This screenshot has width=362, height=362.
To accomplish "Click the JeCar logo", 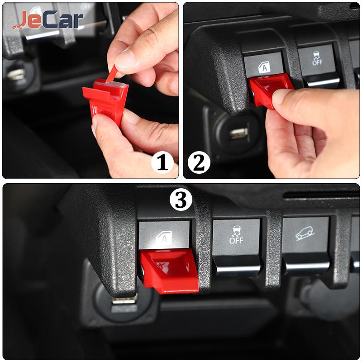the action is [x=48, y=20].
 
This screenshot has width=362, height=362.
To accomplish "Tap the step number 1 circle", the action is [x=162, y=162].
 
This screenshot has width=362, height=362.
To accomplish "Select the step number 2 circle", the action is [x=199, y=162].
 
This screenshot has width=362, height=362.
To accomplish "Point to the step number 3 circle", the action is [x=181, y=200].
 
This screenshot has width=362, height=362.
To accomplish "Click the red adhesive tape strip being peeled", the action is [x=112, y=73].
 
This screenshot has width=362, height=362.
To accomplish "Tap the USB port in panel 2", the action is [x=239, y=133].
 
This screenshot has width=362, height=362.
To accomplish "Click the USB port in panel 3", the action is [x=124, y=300].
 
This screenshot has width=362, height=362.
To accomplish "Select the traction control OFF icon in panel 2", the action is [x=317, y=58].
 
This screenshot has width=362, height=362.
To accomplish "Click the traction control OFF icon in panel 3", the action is [x=236, y=235].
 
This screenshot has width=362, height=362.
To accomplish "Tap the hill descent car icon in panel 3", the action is [x=305, y=233].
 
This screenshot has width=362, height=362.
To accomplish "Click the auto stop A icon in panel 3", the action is [x=164, y=238].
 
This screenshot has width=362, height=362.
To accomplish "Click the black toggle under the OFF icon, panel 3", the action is [x=237, y=266].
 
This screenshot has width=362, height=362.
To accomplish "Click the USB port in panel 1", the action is [x=16, y=74].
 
